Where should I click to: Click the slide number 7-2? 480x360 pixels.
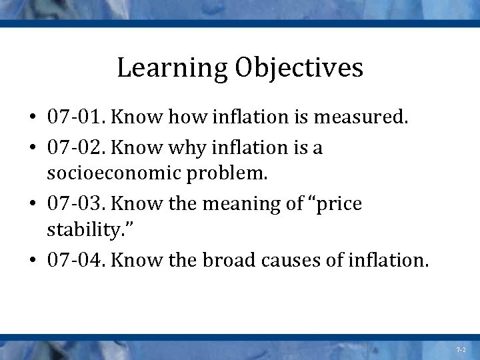tap(461, 349)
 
